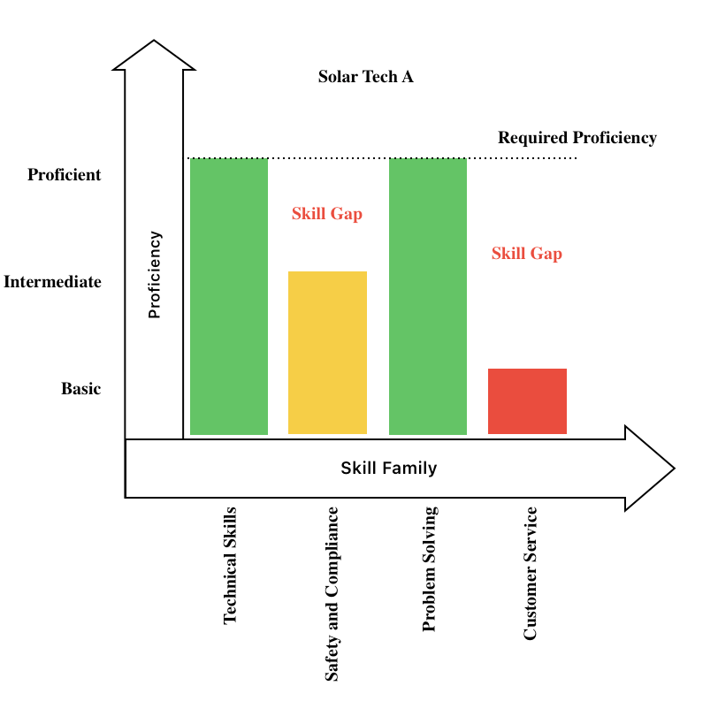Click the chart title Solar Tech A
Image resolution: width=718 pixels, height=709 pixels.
click(365, 77)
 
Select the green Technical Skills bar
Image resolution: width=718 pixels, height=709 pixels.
click(229, 296)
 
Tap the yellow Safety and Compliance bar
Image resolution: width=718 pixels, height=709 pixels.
click(327, 353)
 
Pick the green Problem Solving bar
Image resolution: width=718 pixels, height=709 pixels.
click(428, 296)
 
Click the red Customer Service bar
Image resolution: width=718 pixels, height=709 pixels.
click(527, 401)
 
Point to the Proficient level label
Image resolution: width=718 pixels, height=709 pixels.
click(65, 175)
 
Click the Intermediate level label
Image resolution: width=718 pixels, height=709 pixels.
click(53, 283)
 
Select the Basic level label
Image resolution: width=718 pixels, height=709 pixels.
click(81, 389)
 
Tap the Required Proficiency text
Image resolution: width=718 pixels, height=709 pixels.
click(577, 138)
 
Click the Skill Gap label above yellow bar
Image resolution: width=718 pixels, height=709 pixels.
click(327, 214)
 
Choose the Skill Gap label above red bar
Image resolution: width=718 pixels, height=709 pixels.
click(527, 254)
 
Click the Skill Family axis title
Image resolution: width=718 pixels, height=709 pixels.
click(389, 469)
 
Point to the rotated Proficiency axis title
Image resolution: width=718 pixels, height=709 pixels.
click(155, 275)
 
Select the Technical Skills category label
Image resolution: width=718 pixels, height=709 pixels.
click(231, 566)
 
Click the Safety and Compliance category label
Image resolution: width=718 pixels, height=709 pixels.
click(332, 593)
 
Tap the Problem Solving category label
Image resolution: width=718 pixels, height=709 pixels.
click(430, 569)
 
